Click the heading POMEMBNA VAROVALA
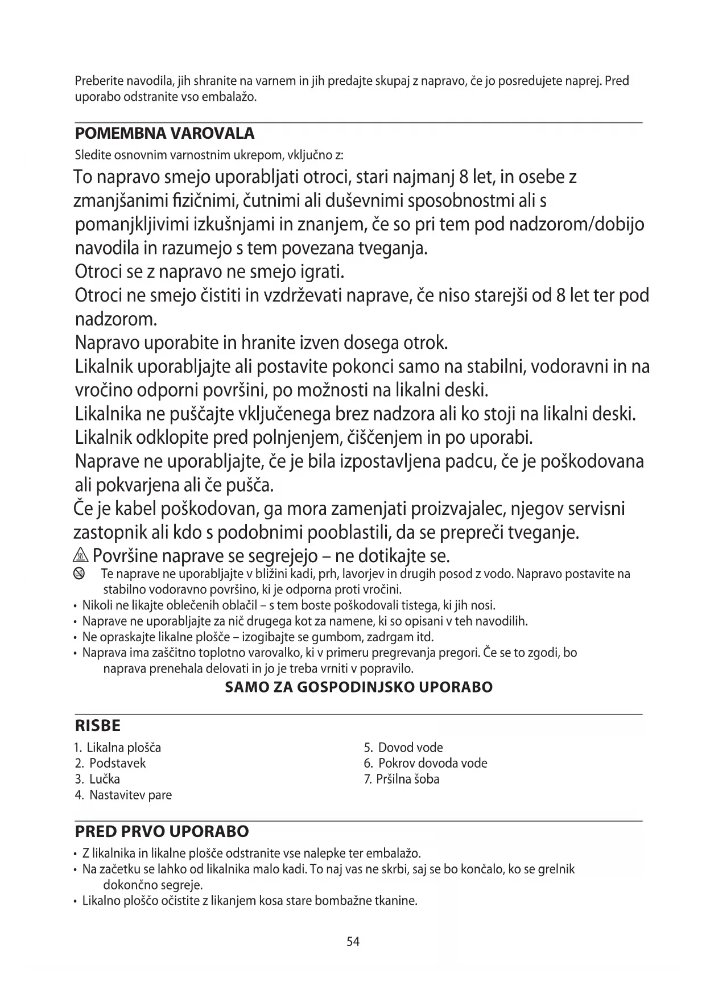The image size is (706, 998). click(164, 134)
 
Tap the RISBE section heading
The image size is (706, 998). click(98, 726)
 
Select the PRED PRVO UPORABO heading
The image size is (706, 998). click(162, 831)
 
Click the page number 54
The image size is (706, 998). click(353, 942)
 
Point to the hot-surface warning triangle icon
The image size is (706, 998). click(82, 554)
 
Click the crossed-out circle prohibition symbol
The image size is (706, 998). click(79, 574)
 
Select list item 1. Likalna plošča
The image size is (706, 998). click(118, 747)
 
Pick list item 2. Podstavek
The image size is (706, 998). click(110, 763)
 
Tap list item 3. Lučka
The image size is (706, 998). click(97, 779)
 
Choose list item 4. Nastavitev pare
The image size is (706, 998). click(123, 795)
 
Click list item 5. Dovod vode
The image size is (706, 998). click(403, 747)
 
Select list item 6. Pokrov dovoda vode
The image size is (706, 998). click(426, 763)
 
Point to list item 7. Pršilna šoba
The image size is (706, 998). click(402, 779)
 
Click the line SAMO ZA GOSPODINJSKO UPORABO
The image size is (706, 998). click(359, 687)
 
